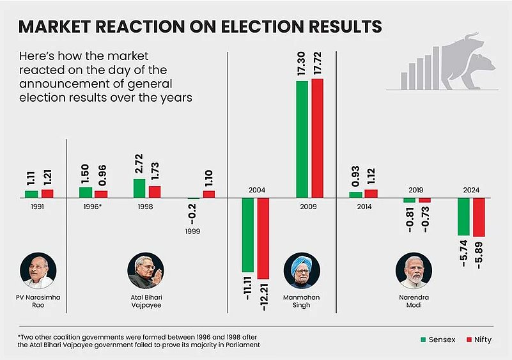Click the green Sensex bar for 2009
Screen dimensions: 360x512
(x=302, y=139)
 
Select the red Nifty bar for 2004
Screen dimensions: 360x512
(x=263, y=239)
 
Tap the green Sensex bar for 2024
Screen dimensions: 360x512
(x=464, y=217)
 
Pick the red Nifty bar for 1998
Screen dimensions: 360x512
(x=155, y=192)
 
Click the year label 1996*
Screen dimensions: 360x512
(x=93, y=207)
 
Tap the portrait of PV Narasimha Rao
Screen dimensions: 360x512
(x=38, y=271)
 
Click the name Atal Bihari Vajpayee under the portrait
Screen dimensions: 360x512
(x=145, y=301)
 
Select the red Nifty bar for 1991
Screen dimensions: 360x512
(x=47, y=193)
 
